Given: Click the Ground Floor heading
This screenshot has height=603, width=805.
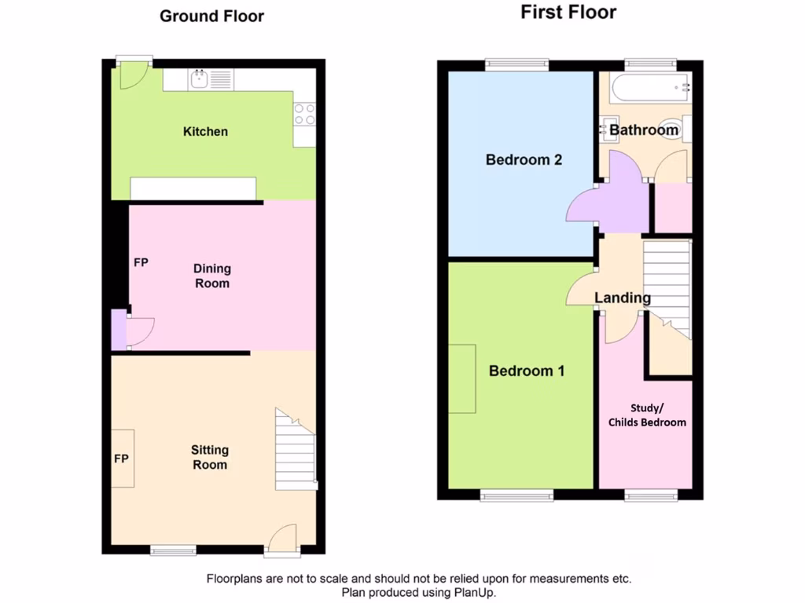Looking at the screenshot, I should coord(211,16).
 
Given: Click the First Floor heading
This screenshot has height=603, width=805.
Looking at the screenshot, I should coord(568,12).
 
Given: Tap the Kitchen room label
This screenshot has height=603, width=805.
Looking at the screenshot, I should coord(205,131).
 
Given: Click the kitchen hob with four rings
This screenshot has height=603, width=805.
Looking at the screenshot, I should coord(304,115).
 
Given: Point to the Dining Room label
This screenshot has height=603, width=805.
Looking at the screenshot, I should coord(211,276).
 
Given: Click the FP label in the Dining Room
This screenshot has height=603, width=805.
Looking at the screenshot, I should coord(141,262).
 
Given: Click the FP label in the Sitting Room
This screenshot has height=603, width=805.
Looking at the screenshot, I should coord(121,459).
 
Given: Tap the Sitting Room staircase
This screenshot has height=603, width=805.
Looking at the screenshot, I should coord(296,451).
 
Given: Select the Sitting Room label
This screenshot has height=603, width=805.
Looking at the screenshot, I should coord(210,457).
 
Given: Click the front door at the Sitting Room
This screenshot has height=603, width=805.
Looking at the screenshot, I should coord(282,541).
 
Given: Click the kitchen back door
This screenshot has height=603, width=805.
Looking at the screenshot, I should coord(133,73).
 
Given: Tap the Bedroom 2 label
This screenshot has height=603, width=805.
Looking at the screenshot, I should coord(524,160).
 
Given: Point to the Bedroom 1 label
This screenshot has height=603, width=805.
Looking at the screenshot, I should coord(527,371).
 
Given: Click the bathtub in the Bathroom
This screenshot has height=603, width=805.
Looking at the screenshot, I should coord(651,88).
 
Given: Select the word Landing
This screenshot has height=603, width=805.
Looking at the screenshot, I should coord(622,298).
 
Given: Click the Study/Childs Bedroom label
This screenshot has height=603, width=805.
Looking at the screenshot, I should coord(647,415).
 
